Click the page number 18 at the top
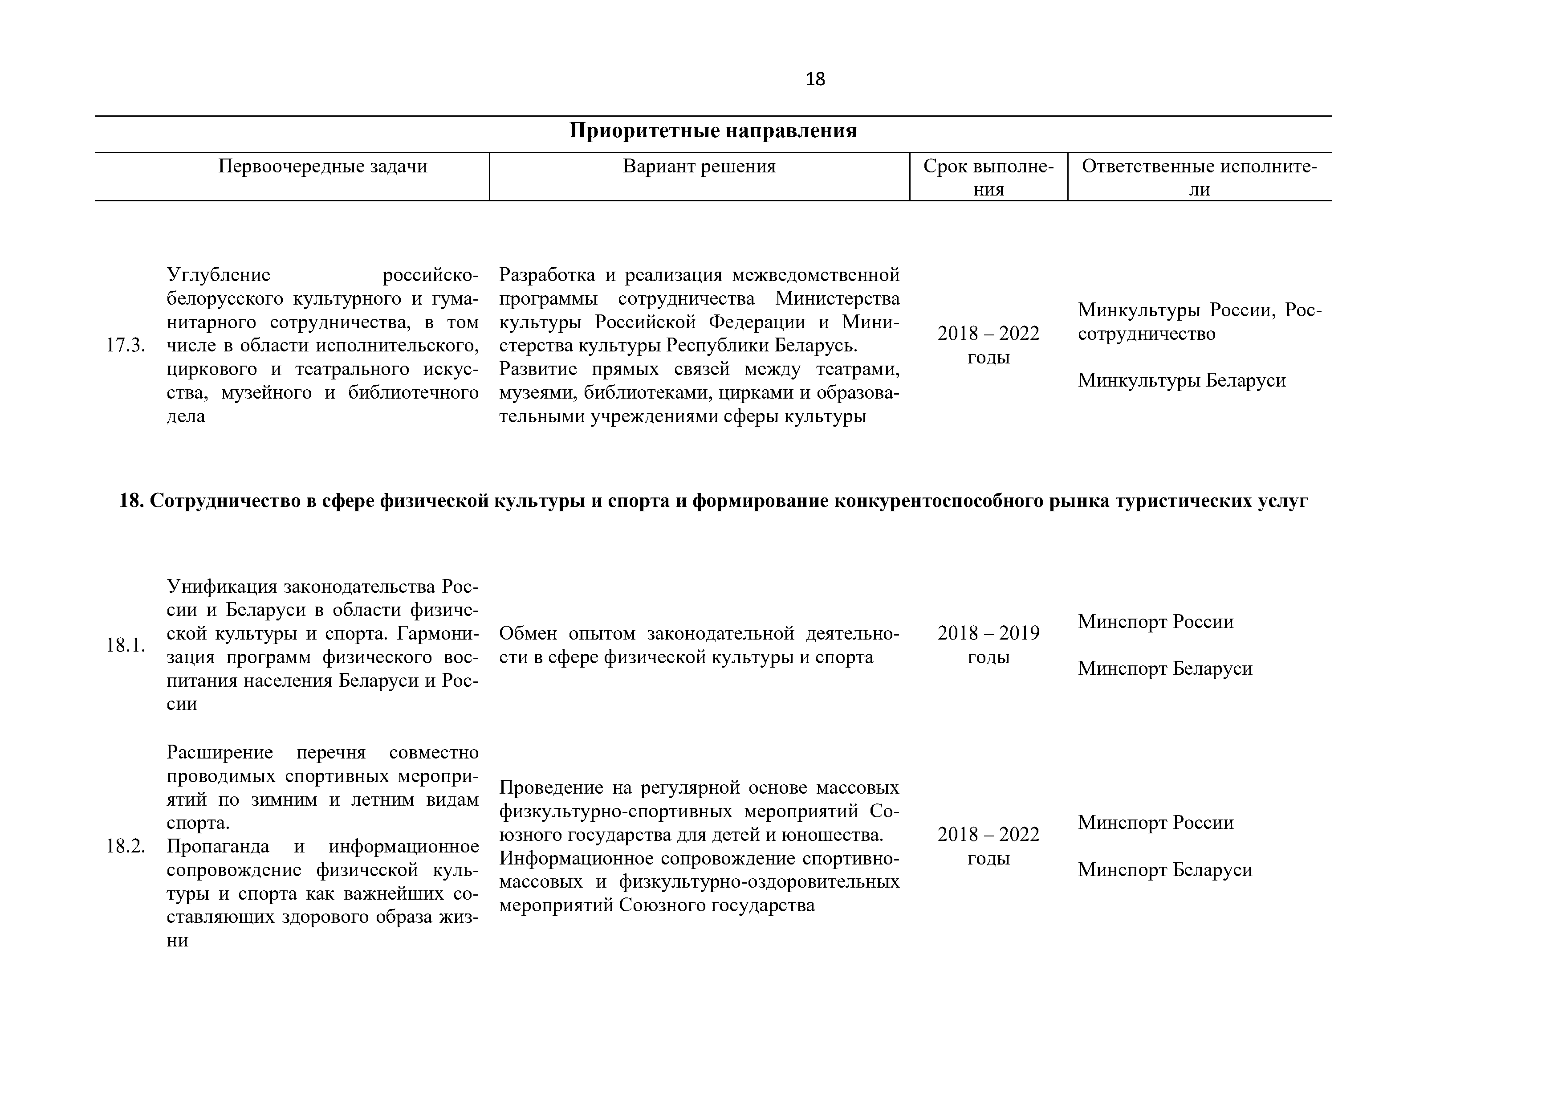coord(814,80)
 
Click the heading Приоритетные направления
coord(712,130)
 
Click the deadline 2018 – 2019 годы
coord(988,645)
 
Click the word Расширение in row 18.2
coord(220,753)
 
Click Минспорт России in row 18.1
coord(1155,622)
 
